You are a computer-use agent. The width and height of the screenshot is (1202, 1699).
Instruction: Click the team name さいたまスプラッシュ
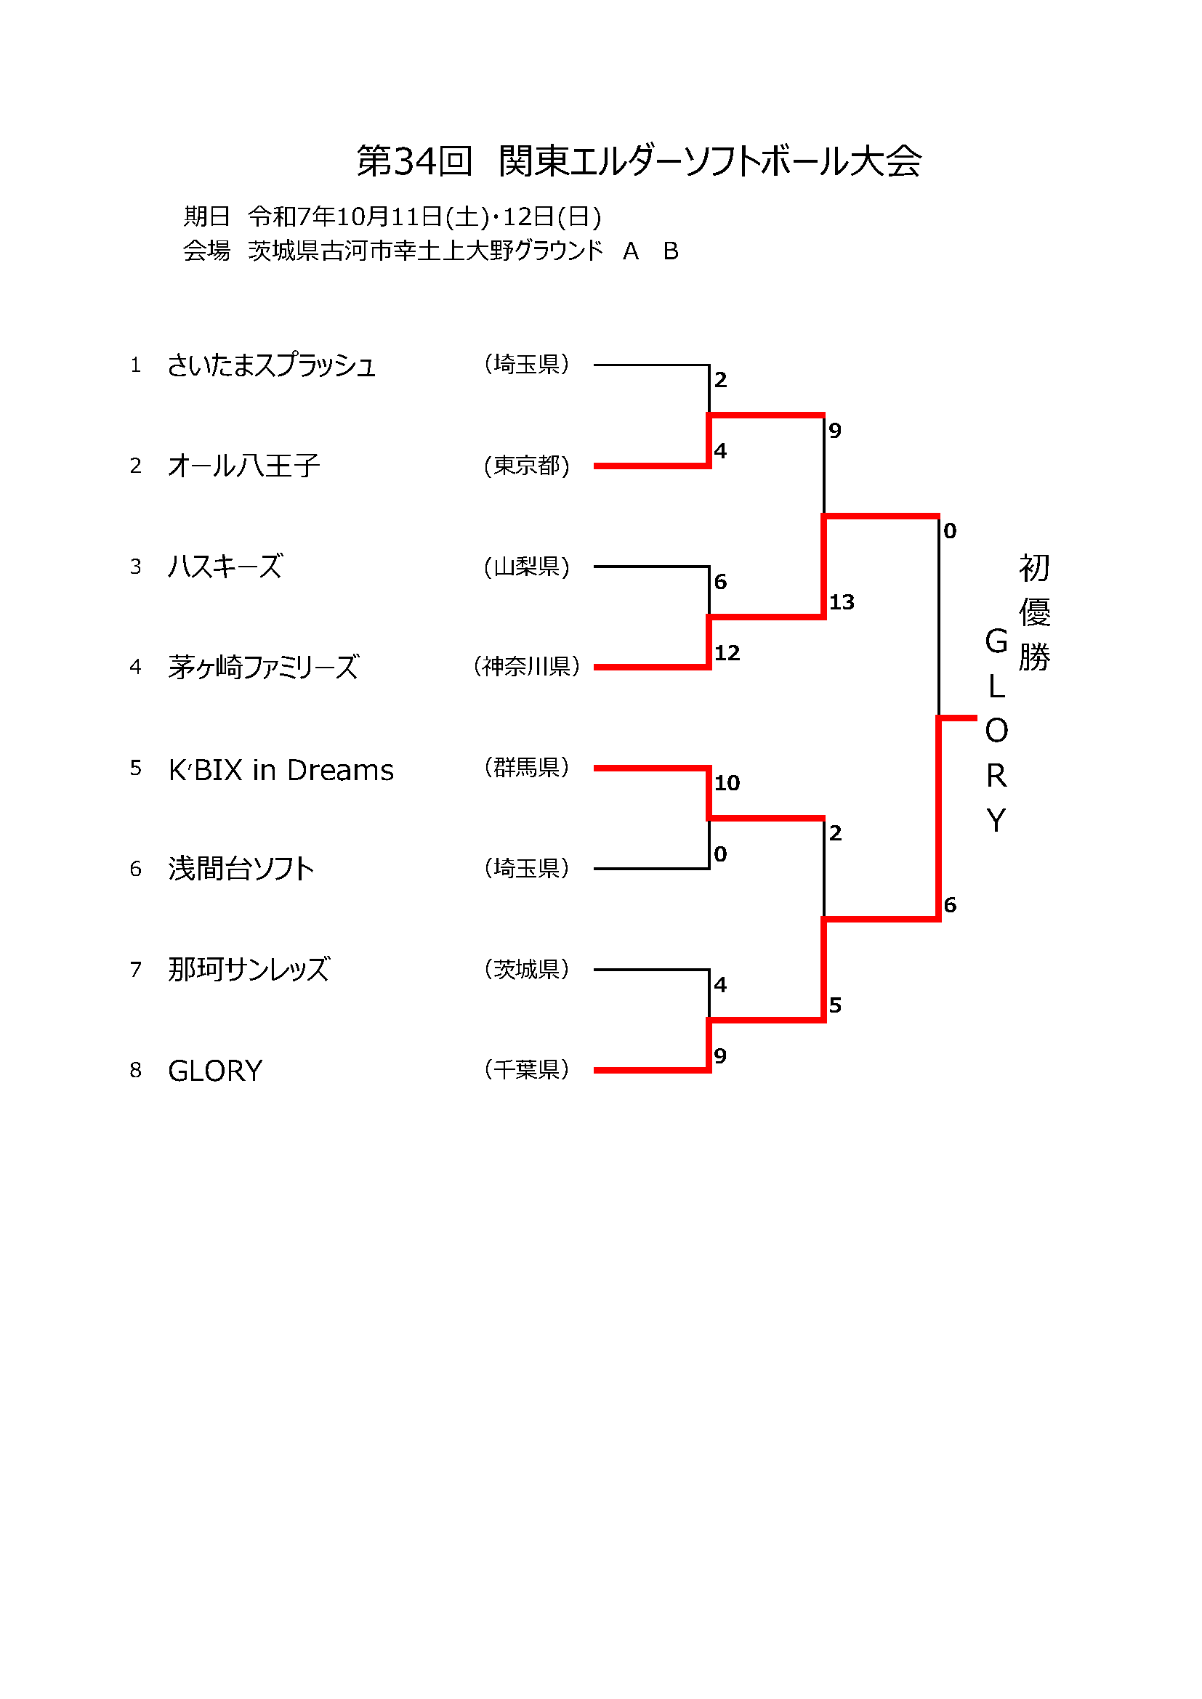271,365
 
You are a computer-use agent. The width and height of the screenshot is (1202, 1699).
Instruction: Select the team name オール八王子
243,466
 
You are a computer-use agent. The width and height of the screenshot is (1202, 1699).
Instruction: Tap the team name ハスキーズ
225,567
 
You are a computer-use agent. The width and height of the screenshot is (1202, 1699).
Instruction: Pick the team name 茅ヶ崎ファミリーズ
264,668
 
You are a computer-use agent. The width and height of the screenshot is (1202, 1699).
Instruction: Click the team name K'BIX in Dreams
281,770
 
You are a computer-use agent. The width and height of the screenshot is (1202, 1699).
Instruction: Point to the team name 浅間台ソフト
241,869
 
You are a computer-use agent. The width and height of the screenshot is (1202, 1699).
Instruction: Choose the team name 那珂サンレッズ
249,970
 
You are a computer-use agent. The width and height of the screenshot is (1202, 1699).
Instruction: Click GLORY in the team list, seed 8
215,1071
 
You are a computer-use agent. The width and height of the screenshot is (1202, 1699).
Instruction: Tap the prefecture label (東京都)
526,466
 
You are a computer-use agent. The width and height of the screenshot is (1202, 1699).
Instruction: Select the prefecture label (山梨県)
526,567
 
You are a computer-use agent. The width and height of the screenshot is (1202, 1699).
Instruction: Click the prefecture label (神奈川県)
526,667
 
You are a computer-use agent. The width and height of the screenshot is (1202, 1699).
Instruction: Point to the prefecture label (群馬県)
526,767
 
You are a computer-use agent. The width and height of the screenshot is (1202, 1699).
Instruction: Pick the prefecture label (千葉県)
526,1069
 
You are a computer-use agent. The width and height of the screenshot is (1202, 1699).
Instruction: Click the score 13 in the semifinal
842,602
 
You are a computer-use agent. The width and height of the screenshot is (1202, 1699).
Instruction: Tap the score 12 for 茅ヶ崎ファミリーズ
727,653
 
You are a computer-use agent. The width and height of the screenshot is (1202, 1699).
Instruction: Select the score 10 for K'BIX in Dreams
727,783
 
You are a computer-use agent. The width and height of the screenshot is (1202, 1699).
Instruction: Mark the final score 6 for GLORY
950,904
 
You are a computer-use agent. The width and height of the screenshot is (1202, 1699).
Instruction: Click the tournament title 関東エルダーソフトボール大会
710,161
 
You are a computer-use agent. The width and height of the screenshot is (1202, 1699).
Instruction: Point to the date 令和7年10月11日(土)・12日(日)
424,216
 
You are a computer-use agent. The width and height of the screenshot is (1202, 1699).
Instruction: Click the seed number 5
135,768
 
